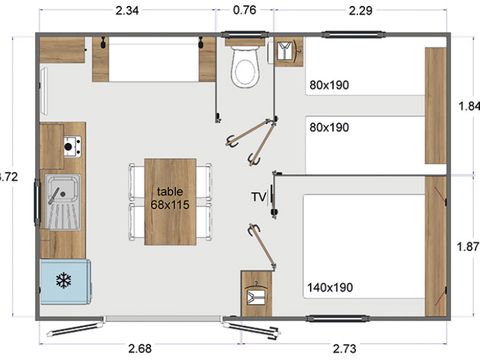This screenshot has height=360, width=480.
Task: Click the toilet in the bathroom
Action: pos(243,67)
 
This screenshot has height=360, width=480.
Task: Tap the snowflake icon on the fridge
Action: pos(65,280)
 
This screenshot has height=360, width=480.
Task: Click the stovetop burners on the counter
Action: pos(71,146)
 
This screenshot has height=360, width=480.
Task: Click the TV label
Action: pos(259,197)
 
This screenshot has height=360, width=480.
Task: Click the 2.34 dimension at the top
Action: pos(127,12)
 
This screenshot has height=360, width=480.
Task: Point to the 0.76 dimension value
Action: pos(244,12)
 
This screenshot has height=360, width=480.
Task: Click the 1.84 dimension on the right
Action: pos(468,105)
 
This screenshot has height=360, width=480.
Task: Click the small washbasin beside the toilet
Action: pos(288,51)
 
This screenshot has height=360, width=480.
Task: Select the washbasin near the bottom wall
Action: pos(257,292)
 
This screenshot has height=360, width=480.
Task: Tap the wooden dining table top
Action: pos(170,200)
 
